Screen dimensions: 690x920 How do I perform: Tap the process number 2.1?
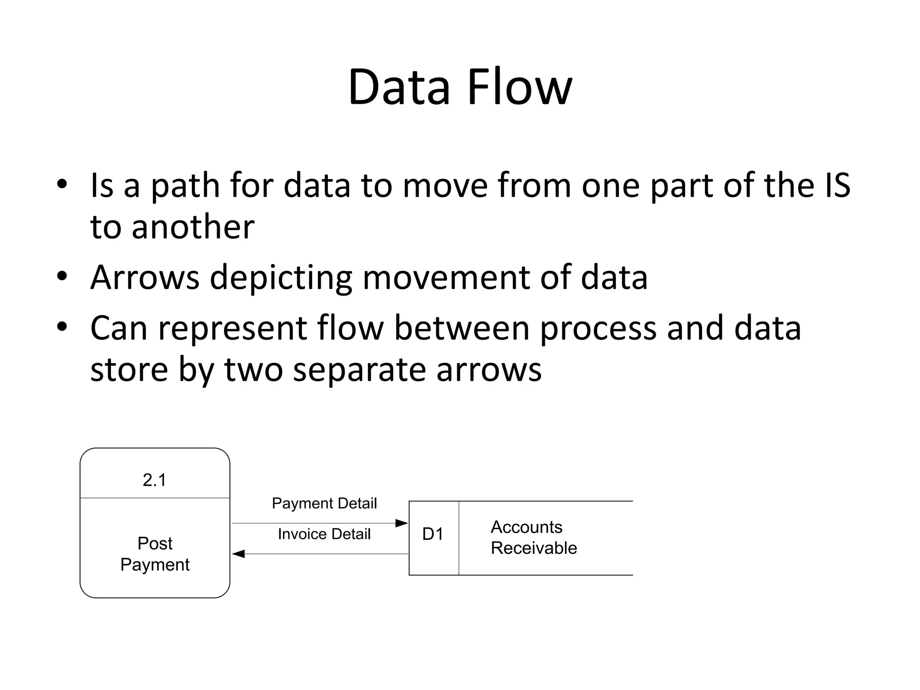pyautogui.click(x=155, y=480)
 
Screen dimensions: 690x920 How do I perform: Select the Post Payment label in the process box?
pyautogui.click(x=155, y=554)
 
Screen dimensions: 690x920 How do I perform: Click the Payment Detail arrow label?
pyautogui.click(x=324, y=503)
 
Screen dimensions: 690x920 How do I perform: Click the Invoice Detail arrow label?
pyautogui.click(x=324, y=534)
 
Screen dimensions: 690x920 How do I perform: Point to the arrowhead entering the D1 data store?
pyautogui.click(x=402, y=523)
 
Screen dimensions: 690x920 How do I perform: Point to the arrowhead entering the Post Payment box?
pyautogui.click(x=239, y=554)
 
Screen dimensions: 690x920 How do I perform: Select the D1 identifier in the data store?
pyautogui.click(x=433, y=534)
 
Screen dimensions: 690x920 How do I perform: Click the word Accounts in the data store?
pyautogui.click(x=526, y=527)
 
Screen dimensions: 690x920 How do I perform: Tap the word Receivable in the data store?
pyautogui.click(x=534, y=548)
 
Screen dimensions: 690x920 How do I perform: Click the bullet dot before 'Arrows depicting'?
pyautogui.click(x=62, y=276)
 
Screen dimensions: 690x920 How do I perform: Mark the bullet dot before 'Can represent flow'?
pyautogui.click(x=62, y=327)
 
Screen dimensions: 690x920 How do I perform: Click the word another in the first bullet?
pyautogui.click(x=193, y=227)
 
